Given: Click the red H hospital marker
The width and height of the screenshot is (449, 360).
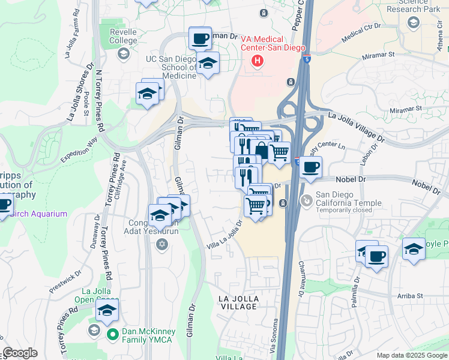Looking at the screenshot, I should (258, 61).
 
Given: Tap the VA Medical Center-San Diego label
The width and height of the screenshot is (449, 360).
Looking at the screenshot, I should (273, 43).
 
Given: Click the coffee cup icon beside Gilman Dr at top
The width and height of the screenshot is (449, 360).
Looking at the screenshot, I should (200, 39).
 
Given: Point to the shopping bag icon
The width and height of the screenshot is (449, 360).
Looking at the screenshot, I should (261, 149).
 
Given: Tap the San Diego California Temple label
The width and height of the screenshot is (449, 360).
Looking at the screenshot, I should (349, 199).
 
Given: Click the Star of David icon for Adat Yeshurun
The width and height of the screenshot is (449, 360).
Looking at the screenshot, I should (161, 244).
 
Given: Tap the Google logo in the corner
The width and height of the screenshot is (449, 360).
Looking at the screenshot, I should (20, 353).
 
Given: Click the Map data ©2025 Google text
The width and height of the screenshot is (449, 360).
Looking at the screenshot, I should (412, 355).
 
